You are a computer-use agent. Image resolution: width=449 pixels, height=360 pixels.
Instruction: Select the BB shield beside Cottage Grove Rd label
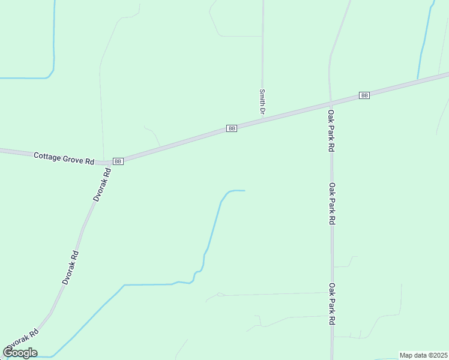point(118,161)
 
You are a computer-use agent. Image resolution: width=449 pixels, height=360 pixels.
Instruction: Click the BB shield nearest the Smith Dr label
point(232,128)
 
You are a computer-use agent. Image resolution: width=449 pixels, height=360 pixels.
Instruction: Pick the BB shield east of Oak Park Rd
point(364,95)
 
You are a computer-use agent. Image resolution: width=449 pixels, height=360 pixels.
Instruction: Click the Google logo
point(20,352)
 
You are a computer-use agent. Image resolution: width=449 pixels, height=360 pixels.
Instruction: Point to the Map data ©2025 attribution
point(423,355)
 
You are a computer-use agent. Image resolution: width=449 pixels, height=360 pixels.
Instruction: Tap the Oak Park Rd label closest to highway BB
point(331,130)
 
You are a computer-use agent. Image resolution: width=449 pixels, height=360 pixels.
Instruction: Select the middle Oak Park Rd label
point(331,203)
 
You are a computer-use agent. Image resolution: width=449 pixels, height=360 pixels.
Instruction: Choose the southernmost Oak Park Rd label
point(331,304)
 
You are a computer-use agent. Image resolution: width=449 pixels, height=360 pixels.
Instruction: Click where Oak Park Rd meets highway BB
point(330,102)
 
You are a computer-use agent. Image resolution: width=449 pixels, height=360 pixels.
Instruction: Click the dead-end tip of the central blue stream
point(244,191)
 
